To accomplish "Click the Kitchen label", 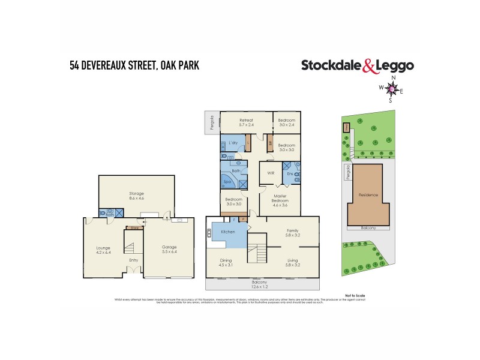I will click(227, 232).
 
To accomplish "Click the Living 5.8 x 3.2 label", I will click(293, 262).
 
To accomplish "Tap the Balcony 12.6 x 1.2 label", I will click(262, 284).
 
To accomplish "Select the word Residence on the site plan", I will click(368, 196).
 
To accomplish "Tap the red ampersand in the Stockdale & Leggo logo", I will click(370, 67).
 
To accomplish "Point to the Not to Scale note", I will click(355, 296).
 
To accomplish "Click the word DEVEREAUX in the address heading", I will click(112, 65).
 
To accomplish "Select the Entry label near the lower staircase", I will click(133, 260).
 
